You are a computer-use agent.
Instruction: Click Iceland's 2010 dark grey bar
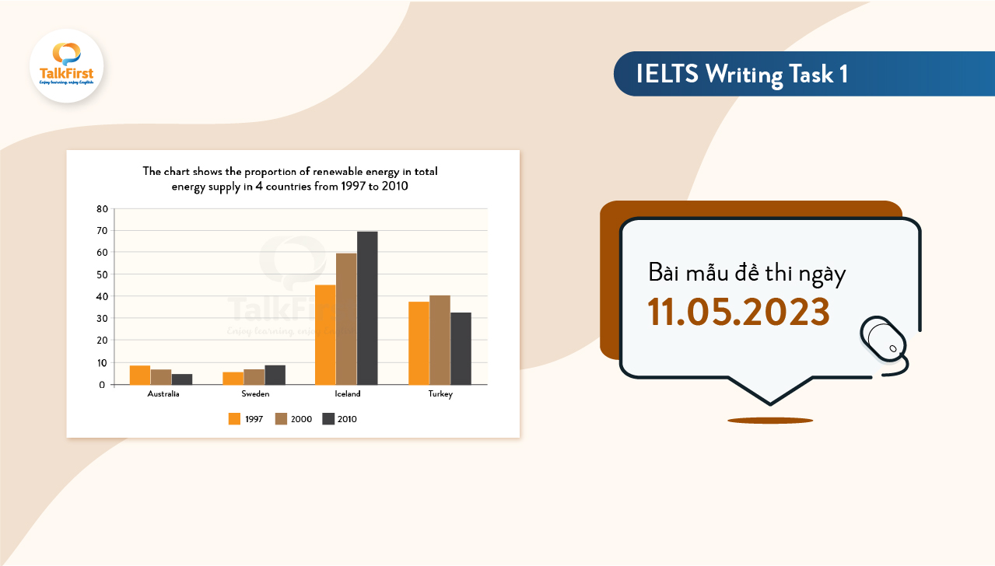point(367,308)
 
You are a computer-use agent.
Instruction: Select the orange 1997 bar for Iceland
point(325,334)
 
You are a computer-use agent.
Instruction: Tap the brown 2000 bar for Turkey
point(440,340)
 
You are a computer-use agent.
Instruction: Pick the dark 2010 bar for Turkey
point(461,348)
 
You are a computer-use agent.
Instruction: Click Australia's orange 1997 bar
point(140,375)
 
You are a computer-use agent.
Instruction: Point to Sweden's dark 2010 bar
point(275,375)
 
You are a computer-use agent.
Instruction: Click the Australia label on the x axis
point(163,394)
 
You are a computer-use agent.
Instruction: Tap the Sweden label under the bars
point(254,394)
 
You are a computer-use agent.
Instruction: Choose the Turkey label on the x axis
point(440,394)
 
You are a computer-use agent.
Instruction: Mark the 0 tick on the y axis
point(102,385)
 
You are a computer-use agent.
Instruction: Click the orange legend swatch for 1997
point(234,419)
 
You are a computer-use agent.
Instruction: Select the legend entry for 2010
point(339,419)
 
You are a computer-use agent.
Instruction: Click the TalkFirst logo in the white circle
point(66,65)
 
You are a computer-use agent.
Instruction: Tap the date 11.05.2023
point(739,312)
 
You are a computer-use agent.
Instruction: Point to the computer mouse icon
point(884,340)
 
